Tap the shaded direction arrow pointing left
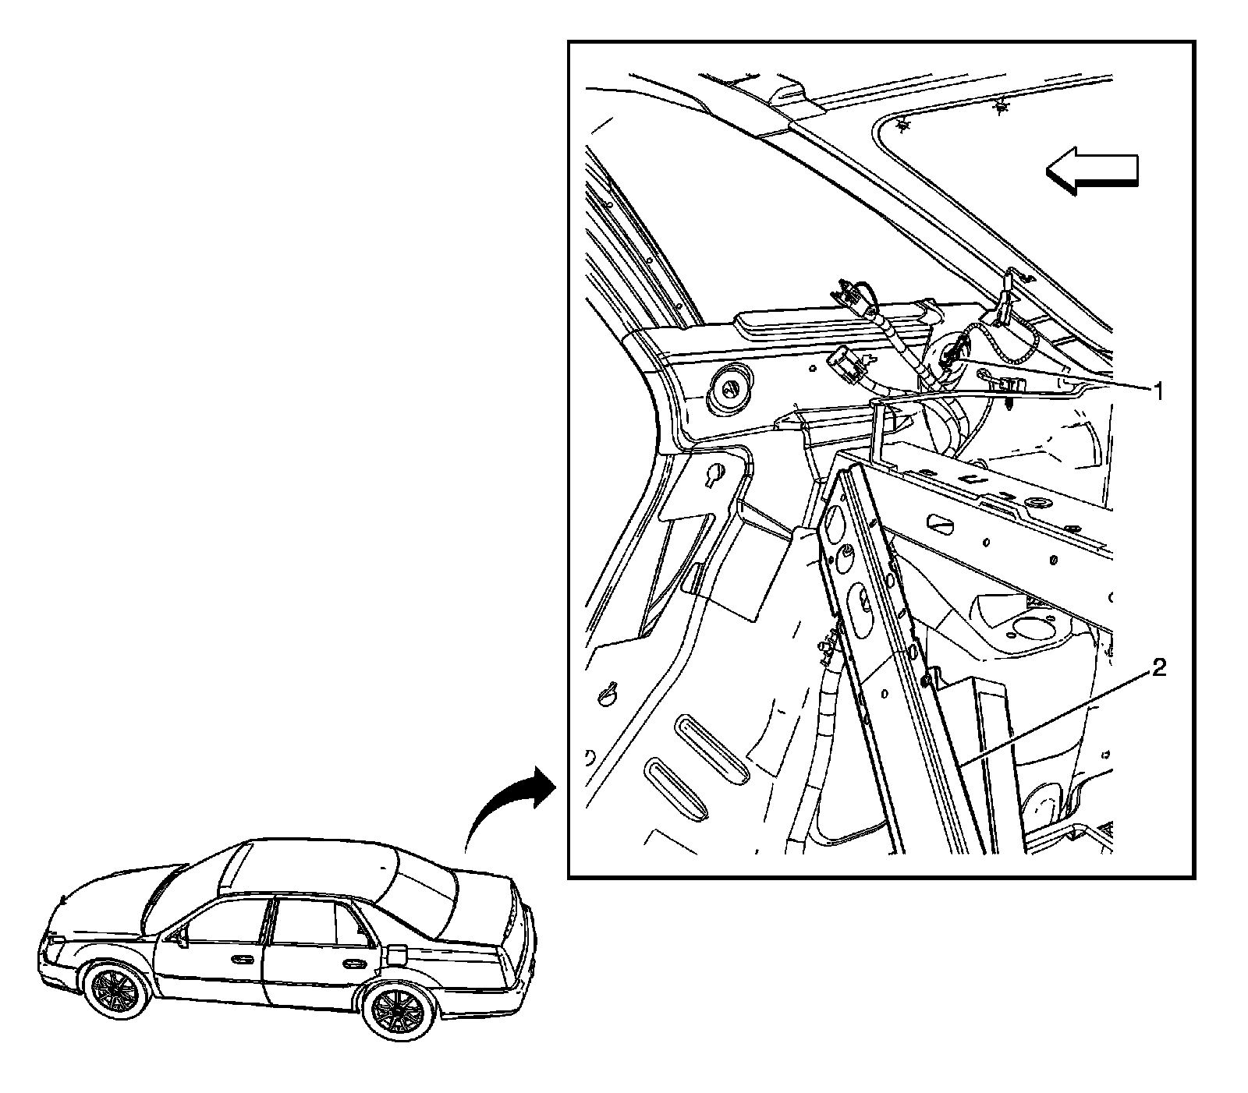click(x=1092, y=171)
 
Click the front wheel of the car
click(x=120, y=988)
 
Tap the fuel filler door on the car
click(x=397, y=953)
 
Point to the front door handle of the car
click(x=243, y=958)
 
